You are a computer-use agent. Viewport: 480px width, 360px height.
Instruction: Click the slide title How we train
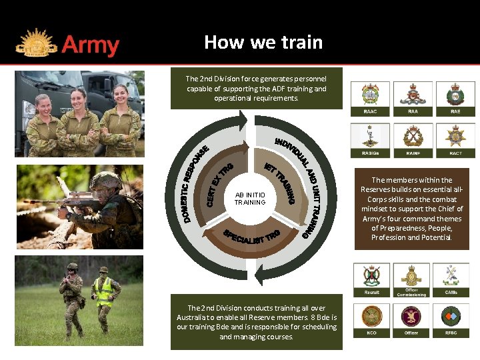tap(263, 43)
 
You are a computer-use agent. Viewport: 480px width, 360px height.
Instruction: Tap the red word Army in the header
tap(90, 45)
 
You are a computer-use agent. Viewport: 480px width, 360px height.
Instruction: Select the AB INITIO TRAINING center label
tap(250, 198)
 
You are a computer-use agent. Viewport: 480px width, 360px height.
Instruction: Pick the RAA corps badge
tap(413, 97)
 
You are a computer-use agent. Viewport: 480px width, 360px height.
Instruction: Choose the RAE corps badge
tap(455, 97)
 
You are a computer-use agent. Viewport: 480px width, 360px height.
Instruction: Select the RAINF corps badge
tap(413, 138)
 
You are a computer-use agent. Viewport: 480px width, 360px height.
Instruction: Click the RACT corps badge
tap(455, 138)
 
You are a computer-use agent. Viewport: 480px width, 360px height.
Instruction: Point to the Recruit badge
tap(371, 277)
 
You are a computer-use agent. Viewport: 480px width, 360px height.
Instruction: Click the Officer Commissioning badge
tap(411, 277)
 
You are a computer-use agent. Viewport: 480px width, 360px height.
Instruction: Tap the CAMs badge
tap(451, 277)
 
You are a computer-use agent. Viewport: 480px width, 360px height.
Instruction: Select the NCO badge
tap(371, 319)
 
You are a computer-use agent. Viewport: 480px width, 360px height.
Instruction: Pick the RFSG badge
tap(451, 319)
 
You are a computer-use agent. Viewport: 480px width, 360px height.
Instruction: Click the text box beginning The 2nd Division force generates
tap(256, 88)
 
